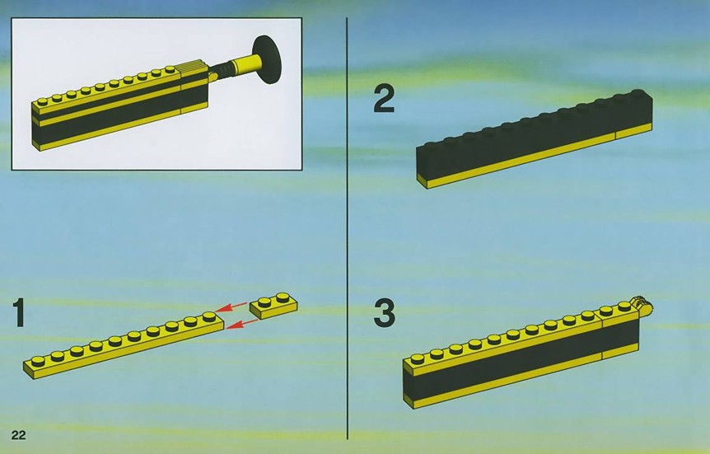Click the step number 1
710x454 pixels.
click(x=19, y=312)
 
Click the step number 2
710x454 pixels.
click(x=384, y=99)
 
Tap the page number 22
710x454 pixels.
click(x=19, y=435)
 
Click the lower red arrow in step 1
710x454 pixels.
click(x=242, y=324)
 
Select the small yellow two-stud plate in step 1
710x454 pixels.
click(x=273, y=306)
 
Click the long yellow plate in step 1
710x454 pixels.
click(x=124, y=345)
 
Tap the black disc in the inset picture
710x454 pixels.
click(x=267, y=59)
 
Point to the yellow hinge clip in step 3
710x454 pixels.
click(x=643, y=306)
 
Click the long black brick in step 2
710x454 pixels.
click(x=535, y=138)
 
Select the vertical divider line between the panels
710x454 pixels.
click(x=348, y=228)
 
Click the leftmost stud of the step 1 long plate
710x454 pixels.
click(x=39, y=361)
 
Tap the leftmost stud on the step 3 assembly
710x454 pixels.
click(x=418, y=359)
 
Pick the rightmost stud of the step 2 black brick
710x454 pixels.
click(x=638, y=93)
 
